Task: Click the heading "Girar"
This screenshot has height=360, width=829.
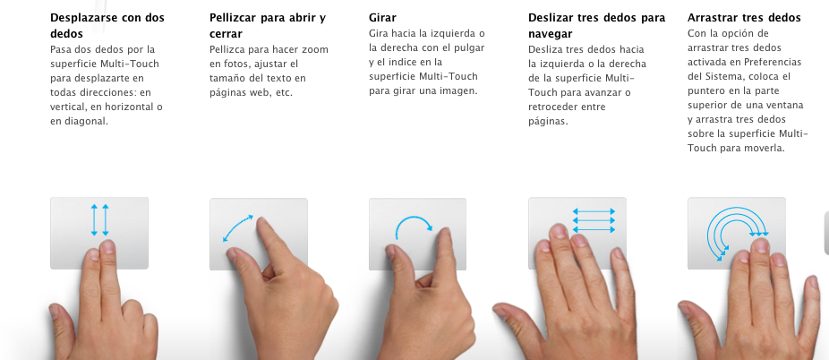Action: (x=382, y=18)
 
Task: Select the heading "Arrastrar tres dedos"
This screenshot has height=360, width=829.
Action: (x=744, y=18)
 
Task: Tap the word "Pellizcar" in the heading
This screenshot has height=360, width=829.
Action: (x=233, y=18)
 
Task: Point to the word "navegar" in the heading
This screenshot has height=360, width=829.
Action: (x=550, y=34)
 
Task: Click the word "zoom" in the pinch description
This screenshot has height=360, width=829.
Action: (x=316, y=49)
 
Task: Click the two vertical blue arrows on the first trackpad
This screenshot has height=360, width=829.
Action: (x=100, y=220)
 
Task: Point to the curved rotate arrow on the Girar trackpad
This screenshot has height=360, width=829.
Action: (x=414, y=219)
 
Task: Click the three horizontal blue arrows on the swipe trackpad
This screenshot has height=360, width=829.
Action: (x=594, y=220)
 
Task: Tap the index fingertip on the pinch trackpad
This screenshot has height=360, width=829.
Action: (x=263, y=224)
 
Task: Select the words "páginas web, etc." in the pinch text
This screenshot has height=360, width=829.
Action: (x=252, y=92)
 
